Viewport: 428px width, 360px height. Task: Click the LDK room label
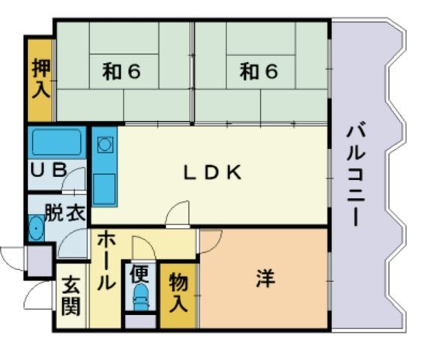pos(213,172)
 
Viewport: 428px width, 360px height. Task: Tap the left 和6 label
pos(121,71)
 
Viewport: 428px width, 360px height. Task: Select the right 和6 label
pos(259,71)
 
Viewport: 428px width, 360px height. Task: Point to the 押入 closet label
pos(41,79)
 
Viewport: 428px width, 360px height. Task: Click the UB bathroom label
pos(49,169)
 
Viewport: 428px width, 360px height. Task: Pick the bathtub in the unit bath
pos(57,142)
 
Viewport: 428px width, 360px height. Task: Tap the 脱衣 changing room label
pos(65,213)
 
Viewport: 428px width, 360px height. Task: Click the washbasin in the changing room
pos(36,228)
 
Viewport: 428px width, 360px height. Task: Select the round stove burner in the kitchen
pos(104,144)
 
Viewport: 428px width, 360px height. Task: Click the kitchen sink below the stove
pos(104,189)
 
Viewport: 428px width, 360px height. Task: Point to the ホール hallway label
pos(106,261)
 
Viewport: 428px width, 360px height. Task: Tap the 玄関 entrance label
pos(70,297)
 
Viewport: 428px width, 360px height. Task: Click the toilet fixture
pos(141,297)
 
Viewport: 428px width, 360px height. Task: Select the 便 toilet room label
pos(139,274)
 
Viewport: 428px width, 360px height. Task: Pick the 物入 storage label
pos(178,294)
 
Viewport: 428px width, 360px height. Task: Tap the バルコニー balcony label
pos(355,175)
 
